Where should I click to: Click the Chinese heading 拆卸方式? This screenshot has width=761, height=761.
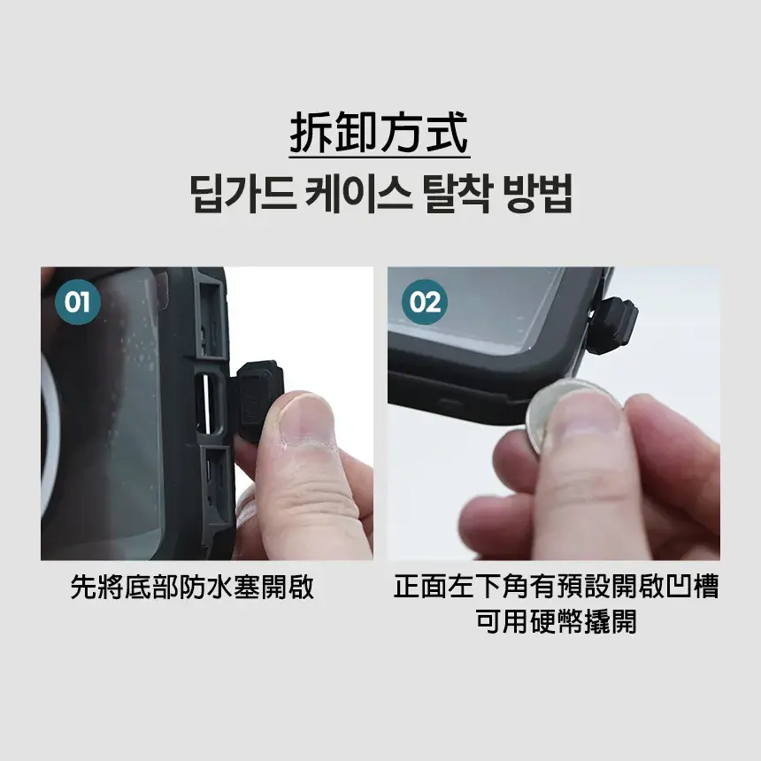tap(380, 133)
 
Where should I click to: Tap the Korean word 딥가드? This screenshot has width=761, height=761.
tap(242, 194)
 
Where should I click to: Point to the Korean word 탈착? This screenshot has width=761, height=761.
tap(457, 194)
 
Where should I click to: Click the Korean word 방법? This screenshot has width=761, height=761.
tap(538, 194)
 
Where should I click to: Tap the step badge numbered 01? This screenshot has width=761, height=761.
tap(78, 302)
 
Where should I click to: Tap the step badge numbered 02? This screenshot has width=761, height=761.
tap(425, 302)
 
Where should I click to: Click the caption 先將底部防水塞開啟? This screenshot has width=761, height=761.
tap(192, 588)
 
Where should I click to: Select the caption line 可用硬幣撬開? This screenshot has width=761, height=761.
tap(556, 621)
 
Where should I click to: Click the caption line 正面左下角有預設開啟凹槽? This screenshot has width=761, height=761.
tap(556, 587)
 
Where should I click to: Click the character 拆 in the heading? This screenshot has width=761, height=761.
tap(312, 133)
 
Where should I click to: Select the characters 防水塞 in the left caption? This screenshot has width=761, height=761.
tap(219, 588)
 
